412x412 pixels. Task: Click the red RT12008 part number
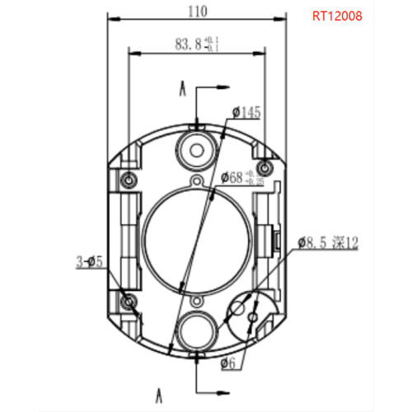point(337,16)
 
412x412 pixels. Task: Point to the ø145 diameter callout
point(246,111)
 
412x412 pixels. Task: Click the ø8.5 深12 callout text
point(329,243)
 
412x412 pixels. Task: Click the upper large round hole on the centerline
point(197,149)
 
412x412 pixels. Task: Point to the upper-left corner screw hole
point(128,180)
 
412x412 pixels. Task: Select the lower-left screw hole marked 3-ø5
point(128,302)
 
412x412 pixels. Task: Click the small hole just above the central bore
point(197,181)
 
